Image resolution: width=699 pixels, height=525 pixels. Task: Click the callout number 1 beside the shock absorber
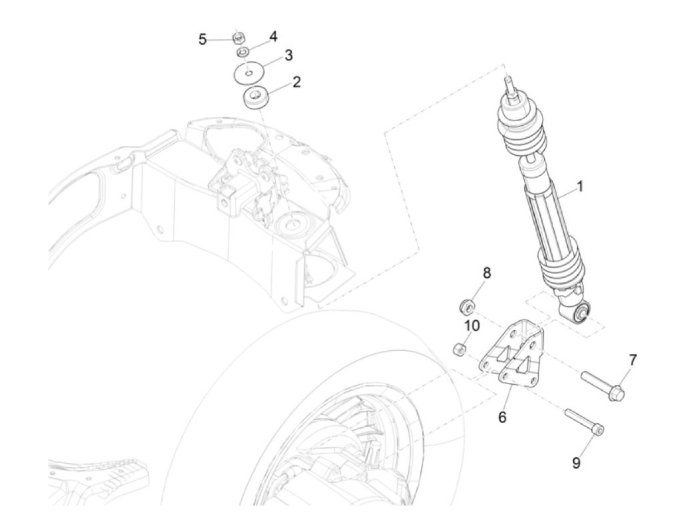[580, 187]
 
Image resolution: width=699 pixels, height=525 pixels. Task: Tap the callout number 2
[297, 82]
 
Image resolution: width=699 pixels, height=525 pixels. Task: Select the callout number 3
[289, 55]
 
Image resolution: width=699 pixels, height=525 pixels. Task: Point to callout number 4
[274, 37]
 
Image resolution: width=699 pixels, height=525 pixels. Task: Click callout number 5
[202, 39]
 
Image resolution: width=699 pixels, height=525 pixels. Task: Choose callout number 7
[633, 360]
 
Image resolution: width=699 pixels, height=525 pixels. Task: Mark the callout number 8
[486, 273]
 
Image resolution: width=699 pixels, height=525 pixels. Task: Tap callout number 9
[576, 463]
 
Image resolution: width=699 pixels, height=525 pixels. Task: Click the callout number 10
[472, 326]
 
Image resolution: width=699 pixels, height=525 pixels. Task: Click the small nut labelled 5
[238, 37]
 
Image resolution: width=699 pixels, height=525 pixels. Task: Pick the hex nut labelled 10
[459, 350]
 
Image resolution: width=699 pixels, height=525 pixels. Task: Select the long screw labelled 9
[584, 422]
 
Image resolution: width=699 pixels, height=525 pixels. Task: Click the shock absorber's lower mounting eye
[583, 313]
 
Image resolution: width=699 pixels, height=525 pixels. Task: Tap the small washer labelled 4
[243, 52]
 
